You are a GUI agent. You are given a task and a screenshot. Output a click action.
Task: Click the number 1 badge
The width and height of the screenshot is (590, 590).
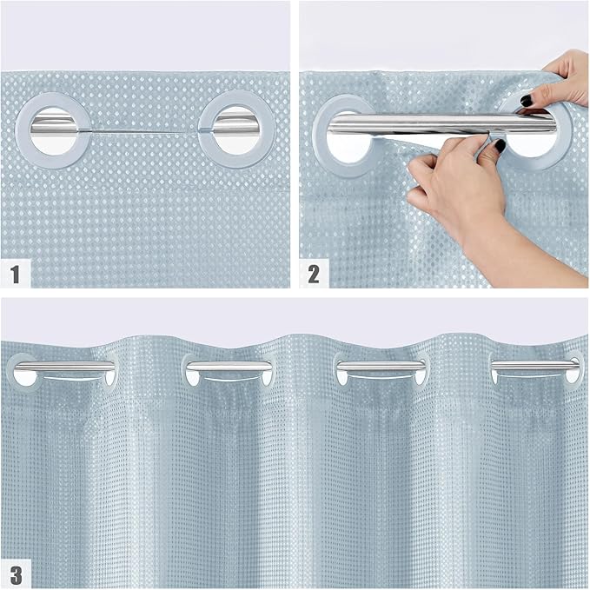pyautogui.click(x=15, y=275)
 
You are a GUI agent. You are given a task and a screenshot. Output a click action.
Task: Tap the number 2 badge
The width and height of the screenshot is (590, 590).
pyautogui.click(x=314, y=275)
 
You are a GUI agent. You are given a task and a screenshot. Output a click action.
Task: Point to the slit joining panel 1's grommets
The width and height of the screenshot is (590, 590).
pyautogui.click(x=144, y=131)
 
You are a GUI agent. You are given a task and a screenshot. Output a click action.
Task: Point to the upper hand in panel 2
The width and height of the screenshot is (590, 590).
pyautogui.click(x=560, y=83)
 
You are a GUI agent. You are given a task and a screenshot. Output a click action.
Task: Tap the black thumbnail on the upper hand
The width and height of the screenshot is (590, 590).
pyautogui.click(x=527, y=101)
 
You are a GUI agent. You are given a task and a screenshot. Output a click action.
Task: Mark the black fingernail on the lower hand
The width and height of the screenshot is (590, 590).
pyautogui.click(x=500, y=146)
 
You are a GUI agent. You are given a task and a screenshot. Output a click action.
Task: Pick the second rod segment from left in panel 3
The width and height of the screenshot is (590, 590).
pyautogui.click(x=228, y=367)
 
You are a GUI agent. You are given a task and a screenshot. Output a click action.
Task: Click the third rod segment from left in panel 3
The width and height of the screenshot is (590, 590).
pyautogui.click(x=381, y=366)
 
